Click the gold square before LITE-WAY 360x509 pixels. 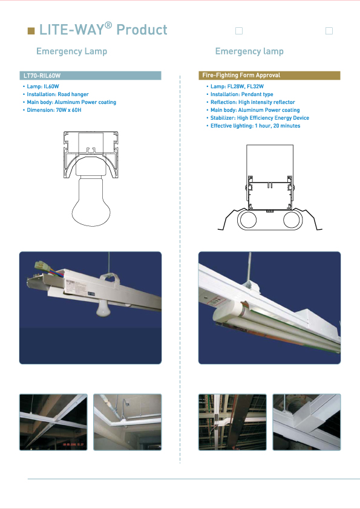point(31,31)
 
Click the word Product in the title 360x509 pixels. point(142,30)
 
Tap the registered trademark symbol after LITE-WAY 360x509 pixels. point(108,25)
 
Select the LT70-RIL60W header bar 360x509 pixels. point(90,76)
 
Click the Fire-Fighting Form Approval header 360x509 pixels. point(269,76)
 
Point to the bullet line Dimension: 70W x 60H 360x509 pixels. point(52,110)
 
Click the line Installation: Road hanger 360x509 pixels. point(56,94)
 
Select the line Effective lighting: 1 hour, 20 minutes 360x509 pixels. point(253,126)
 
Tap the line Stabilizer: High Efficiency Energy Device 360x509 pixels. point(258,118)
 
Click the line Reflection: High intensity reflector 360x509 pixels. point(250,102)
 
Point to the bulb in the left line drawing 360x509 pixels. point(91,201)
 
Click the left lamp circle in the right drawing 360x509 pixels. point(248,220)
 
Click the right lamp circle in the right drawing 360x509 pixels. point(292,220)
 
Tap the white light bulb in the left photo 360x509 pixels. point(103,308)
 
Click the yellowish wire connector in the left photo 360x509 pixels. point(43,266)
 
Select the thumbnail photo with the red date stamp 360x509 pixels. point(53,422)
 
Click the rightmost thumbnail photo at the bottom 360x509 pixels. point(306,422)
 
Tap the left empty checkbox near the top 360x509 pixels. point(239,31)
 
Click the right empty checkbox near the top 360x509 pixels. point(329,31)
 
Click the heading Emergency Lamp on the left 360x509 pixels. point(71,51)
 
